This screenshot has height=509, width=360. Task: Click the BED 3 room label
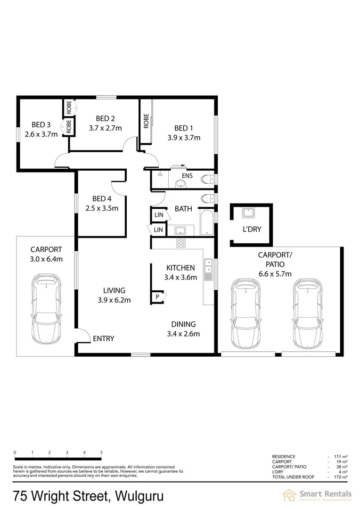point(41,125)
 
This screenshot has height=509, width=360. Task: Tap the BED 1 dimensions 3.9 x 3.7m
point(184,138)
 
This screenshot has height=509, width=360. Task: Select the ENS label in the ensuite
point(188,176)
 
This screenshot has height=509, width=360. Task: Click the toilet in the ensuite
point(208,180)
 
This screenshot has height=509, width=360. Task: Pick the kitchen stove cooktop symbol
point(180,243)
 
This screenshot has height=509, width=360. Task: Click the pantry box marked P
point(157,297)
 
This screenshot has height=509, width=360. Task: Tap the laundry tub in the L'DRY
point(249,213)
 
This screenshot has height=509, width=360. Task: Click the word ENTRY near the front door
point(103,338)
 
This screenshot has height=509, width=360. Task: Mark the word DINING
point(183,324)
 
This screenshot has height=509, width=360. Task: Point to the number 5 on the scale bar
point(101,452)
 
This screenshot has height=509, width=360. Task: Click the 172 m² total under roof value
point(341,477)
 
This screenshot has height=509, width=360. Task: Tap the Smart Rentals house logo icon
point(288,495)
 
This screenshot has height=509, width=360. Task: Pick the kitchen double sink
point(207,269)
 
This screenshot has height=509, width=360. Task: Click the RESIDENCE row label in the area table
point(284,457)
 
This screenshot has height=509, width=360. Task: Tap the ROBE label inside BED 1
point(146,121)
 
